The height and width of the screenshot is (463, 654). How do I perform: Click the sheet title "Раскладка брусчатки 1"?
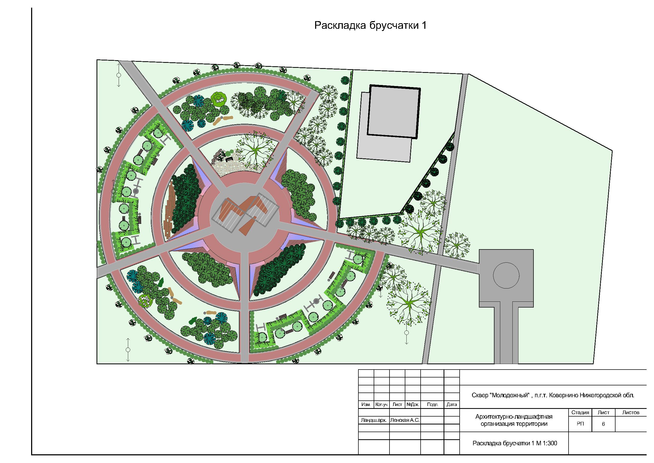pyautogui.click(x=370, y=26)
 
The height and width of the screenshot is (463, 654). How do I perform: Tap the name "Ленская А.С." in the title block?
pyautogui.click(x=405, y=420)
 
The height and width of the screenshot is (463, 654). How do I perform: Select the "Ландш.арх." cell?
pyautogui.click(x=373, y=420)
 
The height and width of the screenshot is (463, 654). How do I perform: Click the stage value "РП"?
pyautogui.click(x=580, y=424)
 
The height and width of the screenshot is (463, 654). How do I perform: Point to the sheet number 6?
pyautogui.click(x=603, y=424)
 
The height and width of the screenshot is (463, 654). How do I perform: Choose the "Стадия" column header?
pyautogui.click(x=580, y=413)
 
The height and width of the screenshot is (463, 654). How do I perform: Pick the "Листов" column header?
pyautogui.click(x=631, y=413)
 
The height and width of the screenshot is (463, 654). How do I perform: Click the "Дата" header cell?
pyautogui.click(x=452, y=404)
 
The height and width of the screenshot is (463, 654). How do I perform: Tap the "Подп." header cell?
pyautogui.click(x=432, y=404)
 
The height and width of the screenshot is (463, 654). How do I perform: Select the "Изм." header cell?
pyautogui.click(x=366, y=404)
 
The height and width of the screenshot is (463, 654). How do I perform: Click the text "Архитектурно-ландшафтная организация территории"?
pyautogui.click(x=514, y=420)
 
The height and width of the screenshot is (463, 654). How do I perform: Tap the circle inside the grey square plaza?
pyautogui.click(x=506, y=276)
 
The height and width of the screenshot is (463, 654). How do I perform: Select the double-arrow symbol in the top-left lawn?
pyautogui.click(x=119, y=75)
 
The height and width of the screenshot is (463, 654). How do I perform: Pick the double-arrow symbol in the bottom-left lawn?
pyautogui.click(x=128, y=349)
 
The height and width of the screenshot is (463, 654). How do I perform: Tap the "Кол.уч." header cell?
pyautogui.click(x=382, y=404)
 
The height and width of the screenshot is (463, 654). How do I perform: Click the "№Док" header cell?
pyautogui.click(x=412, y=404)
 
